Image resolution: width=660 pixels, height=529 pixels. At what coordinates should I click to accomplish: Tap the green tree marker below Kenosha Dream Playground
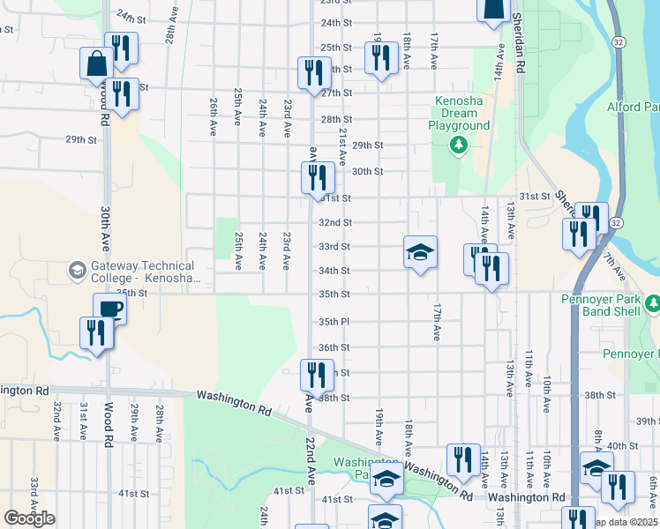458,144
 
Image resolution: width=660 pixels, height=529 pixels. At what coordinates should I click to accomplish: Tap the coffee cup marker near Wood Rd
109,309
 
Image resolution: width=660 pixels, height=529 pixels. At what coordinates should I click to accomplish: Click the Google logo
29,518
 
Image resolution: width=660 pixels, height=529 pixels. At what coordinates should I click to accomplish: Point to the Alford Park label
633,108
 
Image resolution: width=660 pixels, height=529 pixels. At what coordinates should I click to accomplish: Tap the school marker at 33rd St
421,251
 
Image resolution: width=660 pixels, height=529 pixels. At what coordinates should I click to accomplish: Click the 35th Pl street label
334,322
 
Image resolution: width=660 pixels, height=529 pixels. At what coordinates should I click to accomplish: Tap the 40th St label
621,446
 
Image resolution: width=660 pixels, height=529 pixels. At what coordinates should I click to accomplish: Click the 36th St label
334,347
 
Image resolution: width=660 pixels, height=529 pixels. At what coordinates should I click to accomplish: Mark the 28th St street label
336,119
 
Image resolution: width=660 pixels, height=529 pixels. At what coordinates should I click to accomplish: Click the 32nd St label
335,222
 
